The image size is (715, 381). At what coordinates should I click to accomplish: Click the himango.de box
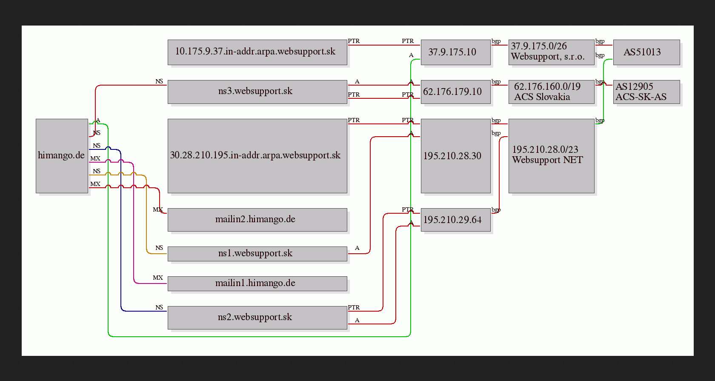pyautogui.click(x=62, y=156)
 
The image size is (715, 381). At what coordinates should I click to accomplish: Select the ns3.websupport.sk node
pyautogui.click(x=257, y=92)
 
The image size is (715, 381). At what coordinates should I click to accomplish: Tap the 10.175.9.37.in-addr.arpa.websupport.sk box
pyautogui.click(x=257, y=52)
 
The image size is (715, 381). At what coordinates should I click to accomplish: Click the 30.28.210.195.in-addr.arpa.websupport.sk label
pyautogui.click(x=255, y=155)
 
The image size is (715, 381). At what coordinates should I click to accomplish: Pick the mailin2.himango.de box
pyautogui.click(x=257, y=220)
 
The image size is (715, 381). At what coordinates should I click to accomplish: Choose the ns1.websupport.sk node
pyautogui.click(x=257, y=254)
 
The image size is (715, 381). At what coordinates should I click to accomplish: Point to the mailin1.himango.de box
pyautogui.click(x=257, y=284)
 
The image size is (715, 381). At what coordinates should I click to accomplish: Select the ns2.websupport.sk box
pyautogui.click(x=257, y=318)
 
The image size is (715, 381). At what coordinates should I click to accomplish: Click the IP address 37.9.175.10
pyautogui.click(x=452, y=52)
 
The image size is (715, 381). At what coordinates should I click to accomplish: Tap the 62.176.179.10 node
pyautogui.click(x=455, y=92)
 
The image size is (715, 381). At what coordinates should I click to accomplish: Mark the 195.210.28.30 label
pyautogui.click(x=452, y=156)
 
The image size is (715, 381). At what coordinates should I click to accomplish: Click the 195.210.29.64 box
pyautogui.click(x=455, y=220)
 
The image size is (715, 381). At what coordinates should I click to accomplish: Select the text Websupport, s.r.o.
pyautogui.click(x=547, y=57)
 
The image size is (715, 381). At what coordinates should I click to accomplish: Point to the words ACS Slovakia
pyautogui.click(x=542, y=97)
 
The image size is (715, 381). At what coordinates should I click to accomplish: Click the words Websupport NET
pyautogui.click(x=547, y=160)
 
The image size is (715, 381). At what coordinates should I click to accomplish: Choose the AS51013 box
pyautogui.click(x=646, y=52)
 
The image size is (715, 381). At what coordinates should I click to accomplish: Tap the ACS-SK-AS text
pyautogui.click(x=641, y=97)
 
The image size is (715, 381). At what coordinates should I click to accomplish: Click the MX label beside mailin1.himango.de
pyautogui.click(x=157, y=278)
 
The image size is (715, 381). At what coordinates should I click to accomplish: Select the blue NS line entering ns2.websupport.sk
pyautogui.click(x=121, y=230)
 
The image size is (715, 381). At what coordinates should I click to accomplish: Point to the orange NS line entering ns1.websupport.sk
pyautogui.click(x=146, y=214)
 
